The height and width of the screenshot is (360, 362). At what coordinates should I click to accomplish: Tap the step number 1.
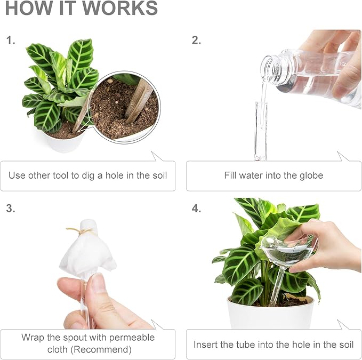(x=10, y=40)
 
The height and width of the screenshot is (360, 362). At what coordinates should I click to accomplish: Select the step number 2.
(x=196, y=40)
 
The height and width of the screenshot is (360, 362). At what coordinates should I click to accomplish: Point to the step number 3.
(x=10, y=208)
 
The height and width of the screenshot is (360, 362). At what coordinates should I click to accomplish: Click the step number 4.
(x=196, y=208)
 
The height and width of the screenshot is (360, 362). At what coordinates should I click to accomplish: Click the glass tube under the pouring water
(x=260, y=131)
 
